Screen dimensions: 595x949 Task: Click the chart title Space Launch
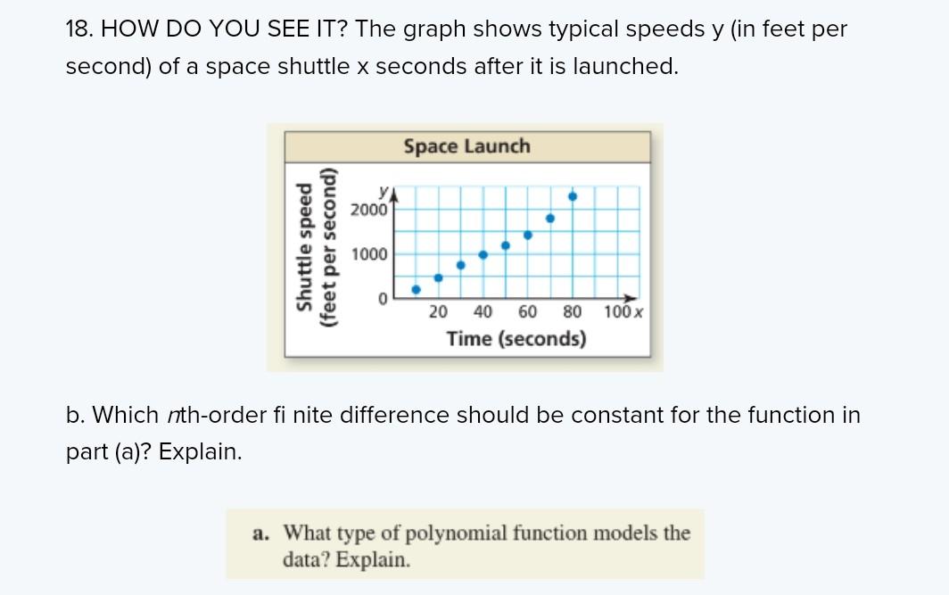[x=466, y=146]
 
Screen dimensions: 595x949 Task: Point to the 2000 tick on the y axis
[x=368, y=211]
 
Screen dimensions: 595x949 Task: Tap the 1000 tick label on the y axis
[x=368, y=255]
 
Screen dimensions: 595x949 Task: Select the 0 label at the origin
[x=381, y=300]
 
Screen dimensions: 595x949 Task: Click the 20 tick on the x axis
[x=438, y=312]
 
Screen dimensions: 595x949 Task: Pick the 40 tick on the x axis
[x=483, y=312]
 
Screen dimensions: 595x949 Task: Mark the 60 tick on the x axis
[x=527, y=312]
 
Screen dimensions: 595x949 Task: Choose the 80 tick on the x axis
[x=573, y=312]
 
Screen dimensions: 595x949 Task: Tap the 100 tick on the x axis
[x=616, y=312]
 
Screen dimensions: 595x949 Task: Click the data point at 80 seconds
[x=573, y=196]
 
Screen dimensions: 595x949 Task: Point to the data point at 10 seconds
[x=416, y=289]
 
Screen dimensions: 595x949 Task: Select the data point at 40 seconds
[x=483, y=254]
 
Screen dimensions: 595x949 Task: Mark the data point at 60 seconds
[x=528, y=235]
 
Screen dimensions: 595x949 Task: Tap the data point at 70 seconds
[x=550, y=218]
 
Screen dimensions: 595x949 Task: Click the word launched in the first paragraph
[x=629, y=67]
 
